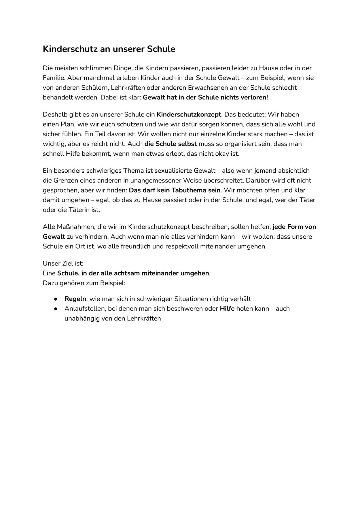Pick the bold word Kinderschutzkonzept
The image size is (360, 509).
point(189,114)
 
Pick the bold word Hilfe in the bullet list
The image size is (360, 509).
point(227,309)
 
